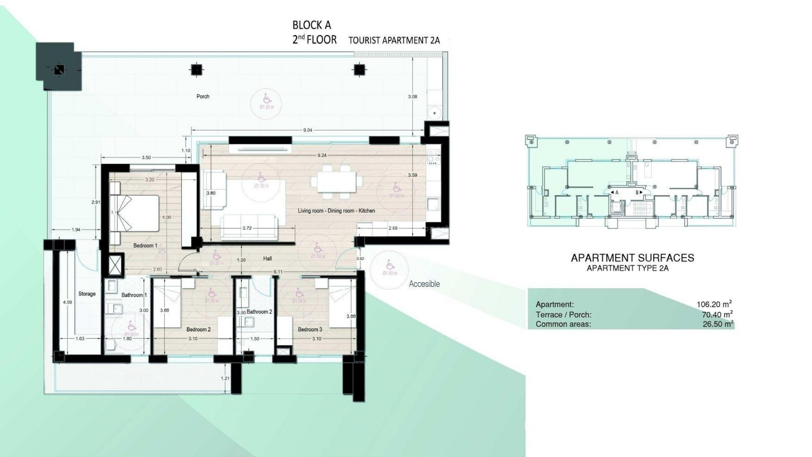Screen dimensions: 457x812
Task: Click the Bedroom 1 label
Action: pyautogui.click(x=145, y=245)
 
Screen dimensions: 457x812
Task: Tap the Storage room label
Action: pyautogui.click(x=87, y=294)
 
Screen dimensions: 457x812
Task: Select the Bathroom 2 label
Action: pyautogui.click(x=259, y=312)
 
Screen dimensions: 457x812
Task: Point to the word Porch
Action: pyautogui.click(x=203, y=96)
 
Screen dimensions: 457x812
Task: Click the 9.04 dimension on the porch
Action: pyautogui.click(x=307, y=130)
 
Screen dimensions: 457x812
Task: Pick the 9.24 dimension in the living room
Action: pyautogui.click(x=321, y=155)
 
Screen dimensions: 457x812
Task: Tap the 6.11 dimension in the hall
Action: pyautogui.click(x=278, y=272)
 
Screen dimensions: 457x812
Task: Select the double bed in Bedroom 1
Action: pyautogui.click(x=134, y=213)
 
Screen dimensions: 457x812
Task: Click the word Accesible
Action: pyautogui.click(x=424, y=284)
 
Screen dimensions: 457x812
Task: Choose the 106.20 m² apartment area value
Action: pyautogui.click(x=714, y=304)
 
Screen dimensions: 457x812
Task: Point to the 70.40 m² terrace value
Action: pyautogui.click(x=716, y=314)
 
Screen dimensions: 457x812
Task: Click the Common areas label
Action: pyautogui.click(x=563, y=325)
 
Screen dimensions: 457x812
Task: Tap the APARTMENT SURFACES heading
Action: pyautogui.click(x=632, y=258)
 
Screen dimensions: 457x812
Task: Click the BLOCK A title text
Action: pyautogui.click(x=312, y=25)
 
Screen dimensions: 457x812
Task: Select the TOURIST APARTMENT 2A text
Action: pyautogui.click(x=394, y=41)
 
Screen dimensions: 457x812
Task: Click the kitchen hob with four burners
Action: pyautogui.click(x=433, y=156)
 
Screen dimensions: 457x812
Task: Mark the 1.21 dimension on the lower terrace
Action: pyautogui.click(x=225, y=378)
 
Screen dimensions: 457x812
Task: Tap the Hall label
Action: pyautogui.click(x=267, y=259)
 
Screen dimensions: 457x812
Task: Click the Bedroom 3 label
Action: pyautogui.click(x=310, y=330)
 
